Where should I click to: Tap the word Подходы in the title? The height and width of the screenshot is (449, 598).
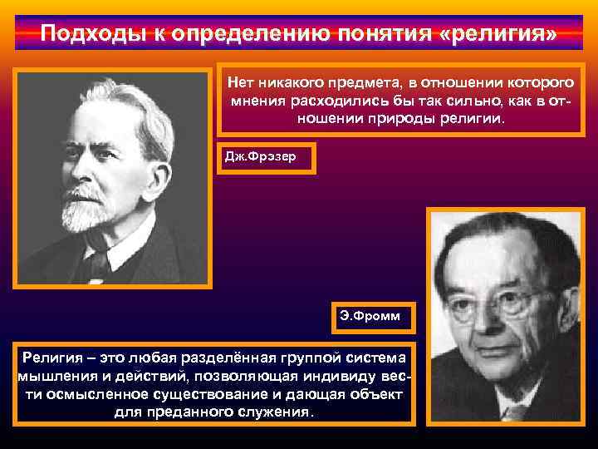pos(81,35)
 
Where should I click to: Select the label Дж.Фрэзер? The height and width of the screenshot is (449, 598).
pos(266,156)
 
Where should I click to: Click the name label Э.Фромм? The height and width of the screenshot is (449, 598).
pos(364,317)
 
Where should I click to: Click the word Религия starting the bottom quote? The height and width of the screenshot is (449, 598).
pos(52,358)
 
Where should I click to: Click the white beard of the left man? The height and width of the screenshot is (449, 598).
pos(89,208)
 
